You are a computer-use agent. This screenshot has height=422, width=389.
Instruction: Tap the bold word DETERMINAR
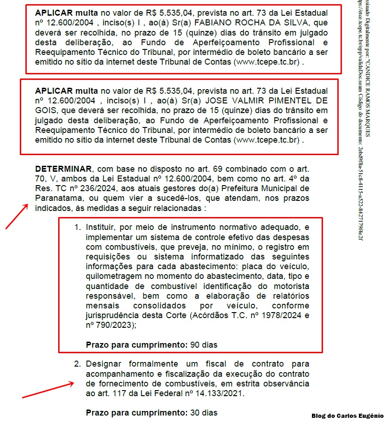coord(63,169)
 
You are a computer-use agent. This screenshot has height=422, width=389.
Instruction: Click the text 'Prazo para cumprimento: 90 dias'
coord(151,344)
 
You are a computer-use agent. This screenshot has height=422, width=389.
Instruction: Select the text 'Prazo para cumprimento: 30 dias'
coord(151,412)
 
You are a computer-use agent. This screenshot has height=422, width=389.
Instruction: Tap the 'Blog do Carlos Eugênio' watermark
coord(347,416)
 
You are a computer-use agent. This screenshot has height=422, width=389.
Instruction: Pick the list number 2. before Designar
coord(78,364)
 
